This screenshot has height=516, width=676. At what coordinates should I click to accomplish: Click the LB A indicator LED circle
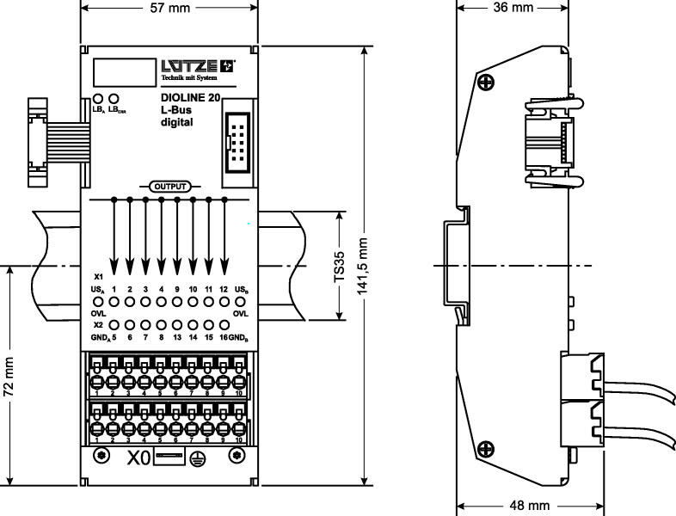point(97,99)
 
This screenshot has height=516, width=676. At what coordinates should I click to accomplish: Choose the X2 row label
point(98,326)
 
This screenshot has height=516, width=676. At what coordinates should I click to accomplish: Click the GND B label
point(240,339)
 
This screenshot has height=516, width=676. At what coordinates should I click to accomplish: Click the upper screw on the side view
point(488,83)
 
